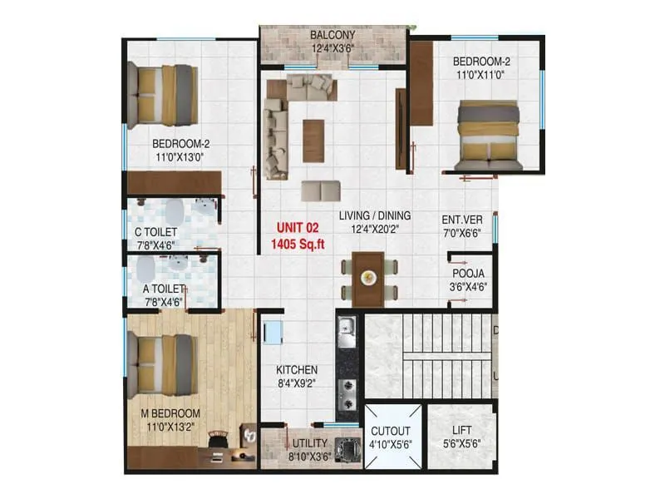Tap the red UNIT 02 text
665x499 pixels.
tap(296, 227)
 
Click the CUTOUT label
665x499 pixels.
tap(390, 430)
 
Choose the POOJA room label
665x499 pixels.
tap(469, 273)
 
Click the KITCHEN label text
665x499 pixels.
tap(298, 369)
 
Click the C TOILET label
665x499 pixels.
tap(156, 232)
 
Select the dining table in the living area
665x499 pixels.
tap(368, 279)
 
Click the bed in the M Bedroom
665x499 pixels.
tap(163, 363)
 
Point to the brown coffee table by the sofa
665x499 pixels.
tap(313, 140)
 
